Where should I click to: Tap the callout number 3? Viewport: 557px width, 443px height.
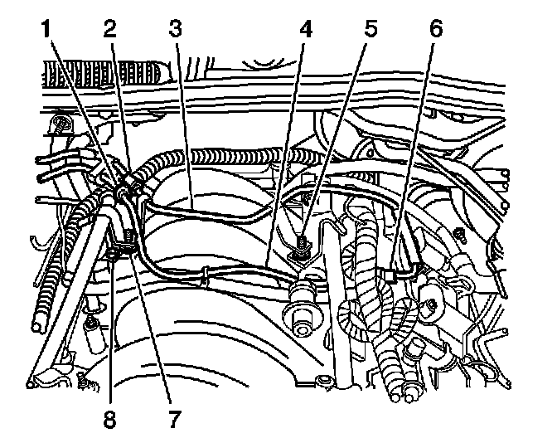click(174, 31)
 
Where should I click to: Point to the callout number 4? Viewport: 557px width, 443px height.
click(307, 31)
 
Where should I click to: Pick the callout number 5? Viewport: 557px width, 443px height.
click(370, 31)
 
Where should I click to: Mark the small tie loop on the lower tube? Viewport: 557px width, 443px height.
click(204, 273)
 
